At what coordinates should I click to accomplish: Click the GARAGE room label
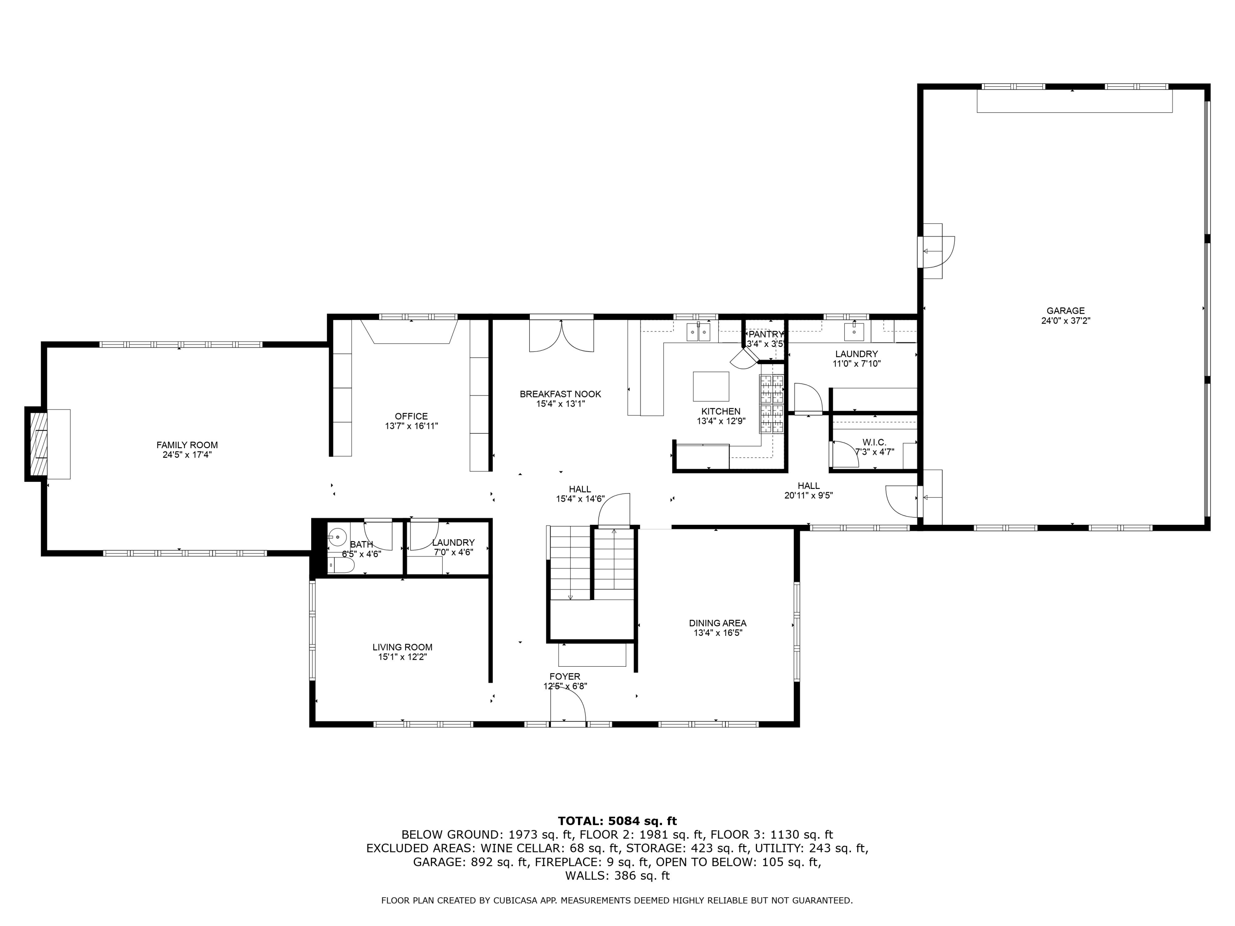tap(1065, 311)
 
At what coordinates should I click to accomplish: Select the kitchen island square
tap(711, 386)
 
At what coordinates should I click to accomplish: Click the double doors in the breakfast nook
tap(561, 335)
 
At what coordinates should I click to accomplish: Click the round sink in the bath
tap(337, 537)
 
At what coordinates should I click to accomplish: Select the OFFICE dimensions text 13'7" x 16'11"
tap(412, 426)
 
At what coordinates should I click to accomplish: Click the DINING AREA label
tap(718, 623)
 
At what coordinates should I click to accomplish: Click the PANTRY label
tap(766, 334)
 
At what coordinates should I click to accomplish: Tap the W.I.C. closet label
tap(874, 442)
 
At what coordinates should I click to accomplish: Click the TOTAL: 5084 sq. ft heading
tap(617, 821)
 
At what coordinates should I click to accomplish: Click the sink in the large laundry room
tap(854, 332)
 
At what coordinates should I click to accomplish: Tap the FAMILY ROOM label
tap(187, 445)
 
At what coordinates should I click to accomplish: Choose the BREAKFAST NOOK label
tap(560, 394)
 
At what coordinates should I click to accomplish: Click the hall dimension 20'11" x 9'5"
tap(809, 495)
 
